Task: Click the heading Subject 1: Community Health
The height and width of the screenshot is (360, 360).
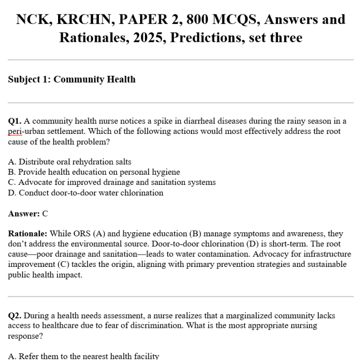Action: pos(72,79)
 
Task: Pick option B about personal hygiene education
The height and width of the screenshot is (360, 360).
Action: pos(94,172)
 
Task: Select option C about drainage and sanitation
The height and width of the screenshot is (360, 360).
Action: pos(111,182)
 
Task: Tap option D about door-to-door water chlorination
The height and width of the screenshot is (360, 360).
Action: pos(85,192)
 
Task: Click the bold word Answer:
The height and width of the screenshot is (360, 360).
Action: pos(24,214)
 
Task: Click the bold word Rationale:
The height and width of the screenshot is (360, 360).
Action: pos(27,234)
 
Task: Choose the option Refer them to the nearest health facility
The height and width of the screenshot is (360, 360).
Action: pos(84,356)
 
